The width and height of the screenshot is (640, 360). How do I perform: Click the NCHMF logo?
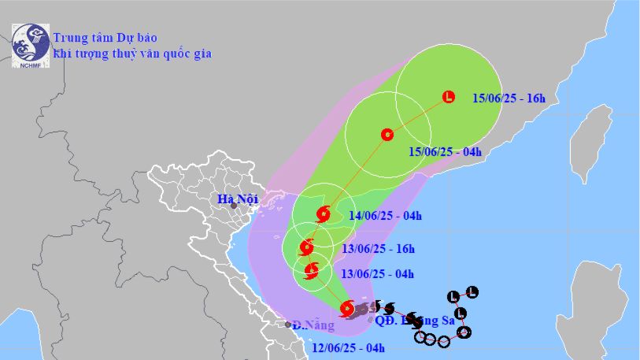[x=30, y=44]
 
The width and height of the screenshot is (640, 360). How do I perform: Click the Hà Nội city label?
[x=239, y=199]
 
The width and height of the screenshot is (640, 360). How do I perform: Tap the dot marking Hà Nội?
[x=234, y=206]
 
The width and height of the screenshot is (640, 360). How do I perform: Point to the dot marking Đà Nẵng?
[x=288, y=325]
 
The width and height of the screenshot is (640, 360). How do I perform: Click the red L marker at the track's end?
[x=449, y=98]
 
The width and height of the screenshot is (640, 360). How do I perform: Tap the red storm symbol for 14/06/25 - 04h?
[x=323, y=213]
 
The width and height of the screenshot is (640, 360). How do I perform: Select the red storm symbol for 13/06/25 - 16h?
[x=307, y=248]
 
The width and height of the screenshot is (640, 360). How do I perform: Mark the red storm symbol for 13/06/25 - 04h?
[x=311, y=273]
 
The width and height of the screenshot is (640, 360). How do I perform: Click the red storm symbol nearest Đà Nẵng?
[x=346, y=309]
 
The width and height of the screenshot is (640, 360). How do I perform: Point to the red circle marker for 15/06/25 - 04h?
[x=387, y=135]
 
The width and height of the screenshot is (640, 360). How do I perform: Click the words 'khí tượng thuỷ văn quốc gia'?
[x=131, y=54]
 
